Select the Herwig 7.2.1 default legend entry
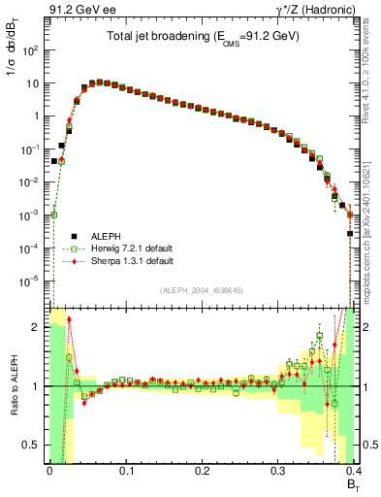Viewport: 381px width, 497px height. (132, 248)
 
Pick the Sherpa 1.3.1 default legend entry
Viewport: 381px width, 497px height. (132, 261)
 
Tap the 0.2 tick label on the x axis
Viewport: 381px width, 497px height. (202, 472)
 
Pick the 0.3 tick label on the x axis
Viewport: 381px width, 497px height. (278, 472)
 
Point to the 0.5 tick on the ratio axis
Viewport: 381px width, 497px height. (36, 446)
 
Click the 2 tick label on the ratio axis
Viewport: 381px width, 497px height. (40, 327)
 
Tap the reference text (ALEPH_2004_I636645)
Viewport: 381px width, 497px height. (201, 291)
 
